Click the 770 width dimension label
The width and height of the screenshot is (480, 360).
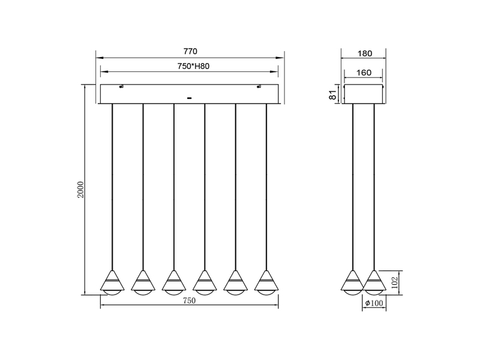coord(189,52)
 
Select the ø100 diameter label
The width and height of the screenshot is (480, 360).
coord(373,304)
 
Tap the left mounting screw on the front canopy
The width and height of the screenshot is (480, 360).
coord(122,87)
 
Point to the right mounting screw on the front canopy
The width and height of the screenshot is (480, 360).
coord(259,87)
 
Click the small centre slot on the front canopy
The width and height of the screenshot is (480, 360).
coord(189,97)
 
